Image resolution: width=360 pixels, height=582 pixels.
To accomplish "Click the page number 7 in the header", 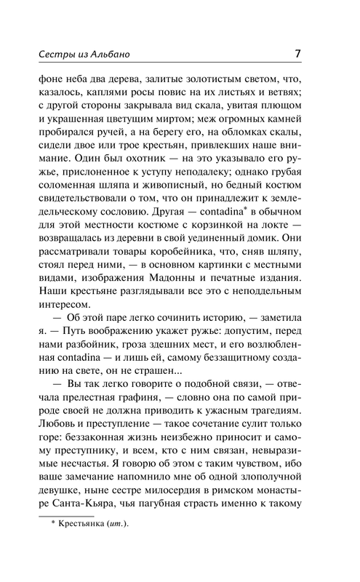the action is [x=299, y=53].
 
